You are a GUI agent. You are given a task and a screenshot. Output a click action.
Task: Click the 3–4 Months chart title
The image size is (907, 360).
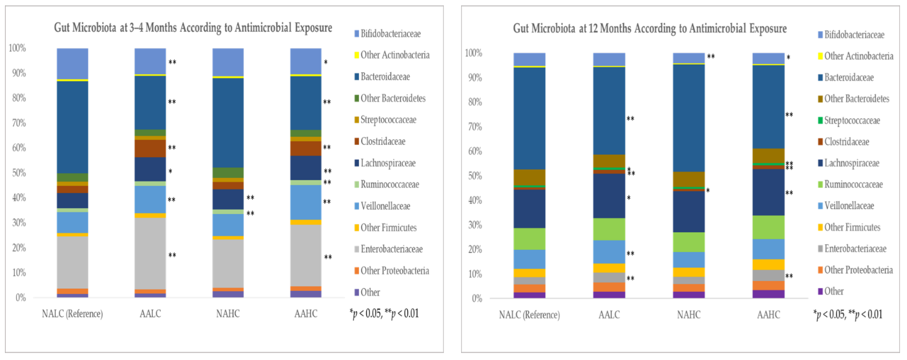pyautogui.click(x=193, y=28)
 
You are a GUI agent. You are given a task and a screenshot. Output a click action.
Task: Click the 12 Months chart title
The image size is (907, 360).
pyautogui.click(x=650, y=28)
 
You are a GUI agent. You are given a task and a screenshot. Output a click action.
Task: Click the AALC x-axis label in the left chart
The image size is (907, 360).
pyautogui.click(x=150, y=313)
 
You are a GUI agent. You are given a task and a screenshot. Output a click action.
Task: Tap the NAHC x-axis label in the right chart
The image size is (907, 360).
pyautogui.click(x=689, y=314)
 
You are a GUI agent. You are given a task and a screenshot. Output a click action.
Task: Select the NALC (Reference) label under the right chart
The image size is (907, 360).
pyautogui.click(x=529, y=314)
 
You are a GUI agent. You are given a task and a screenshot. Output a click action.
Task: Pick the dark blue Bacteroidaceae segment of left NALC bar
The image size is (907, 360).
pyautogui.click(x=73, y=127)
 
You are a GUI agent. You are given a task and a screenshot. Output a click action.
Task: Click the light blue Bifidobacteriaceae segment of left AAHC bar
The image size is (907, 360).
pyautogui.click(x=306, y=61)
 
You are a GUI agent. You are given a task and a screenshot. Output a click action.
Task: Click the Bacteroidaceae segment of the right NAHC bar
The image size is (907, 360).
pyautogui.click(x=689, y=118)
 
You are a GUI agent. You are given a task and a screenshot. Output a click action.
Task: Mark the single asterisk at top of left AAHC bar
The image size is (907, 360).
pyautogui.click(x=326, y=62)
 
